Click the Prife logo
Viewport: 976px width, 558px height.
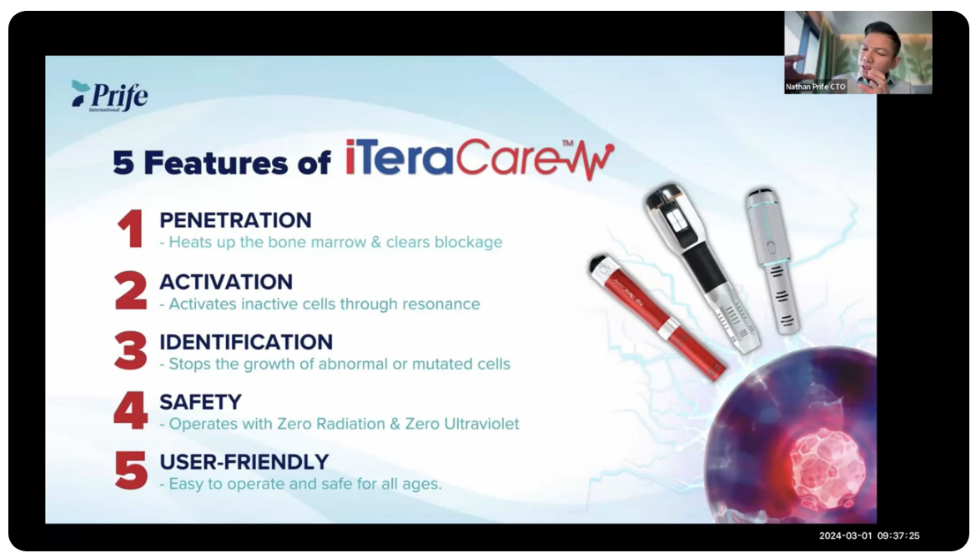point(109,96)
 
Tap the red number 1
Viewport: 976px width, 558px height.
point(130,229)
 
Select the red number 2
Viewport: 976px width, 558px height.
point(131,290)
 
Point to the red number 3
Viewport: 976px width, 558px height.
point(131,350)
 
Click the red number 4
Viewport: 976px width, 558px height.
point(131,410)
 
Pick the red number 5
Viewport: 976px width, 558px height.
point(131,470)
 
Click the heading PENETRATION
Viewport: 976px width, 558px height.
point(235,220)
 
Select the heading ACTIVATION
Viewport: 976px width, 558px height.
point(226,282)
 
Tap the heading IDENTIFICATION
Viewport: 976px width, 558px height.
point(246,342)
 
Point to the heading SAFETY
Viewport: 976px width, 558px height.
point(200,402)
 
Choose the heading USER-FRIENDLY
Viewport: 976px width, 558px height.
point(244,461)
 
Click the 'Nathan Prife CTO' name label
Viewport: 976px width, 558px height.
point(815,87)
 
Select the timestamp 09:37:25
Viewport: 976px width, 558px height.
point(898,535)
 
